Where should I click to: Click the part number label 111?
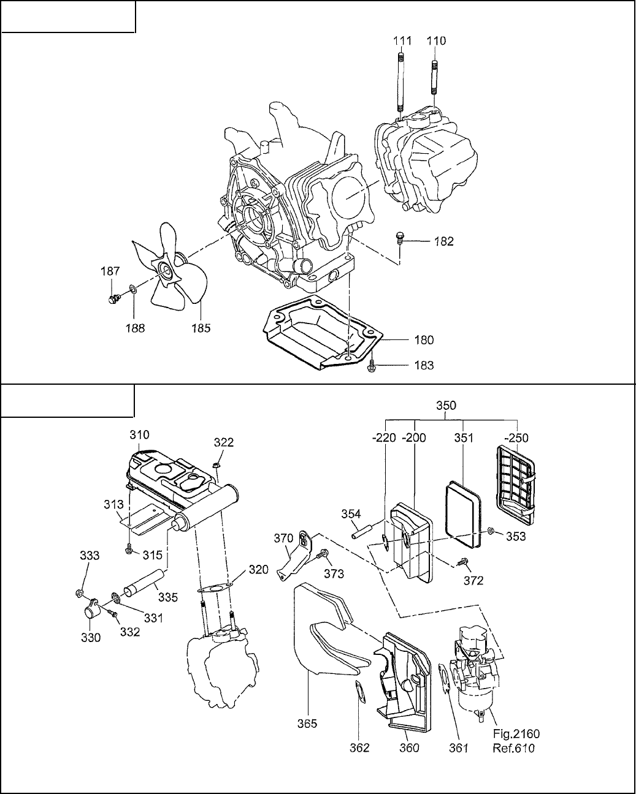pyautogui.click(x=402, y=40)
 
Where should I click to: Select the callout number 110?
pyautogui.click(x=437, y=40)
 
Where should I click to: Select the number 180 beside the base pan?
pyautogui.click(x=424, y=339)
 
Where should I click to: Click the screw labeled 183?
pyautogui.click(x=372, y=365)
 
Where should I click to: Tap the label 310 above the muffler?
pyautogui.click(x=139, y=434)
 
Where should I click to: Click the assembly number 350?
pyautogui.click(x=446, y=405)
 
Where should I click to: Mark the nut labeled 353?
pyautogui.click(x=491, y=531)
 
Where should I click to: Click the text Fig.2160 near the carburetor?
pyautogui.click(x=516, y=733)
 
